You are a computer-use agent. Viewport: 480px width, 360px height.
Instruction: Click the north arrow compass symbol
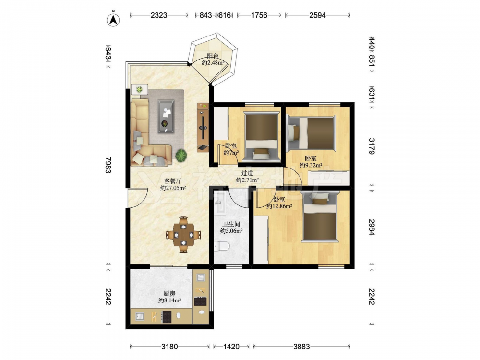[x=113, y=19]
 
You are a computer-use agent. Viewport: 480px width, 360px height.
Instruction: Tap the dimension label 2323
[x=159, y=15]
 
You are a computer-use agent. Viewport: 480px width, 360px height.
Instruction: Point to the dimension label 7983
[x=108, y=165]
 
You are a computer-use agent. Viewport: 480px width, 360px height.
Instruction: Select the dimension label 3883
[x=301, y=347]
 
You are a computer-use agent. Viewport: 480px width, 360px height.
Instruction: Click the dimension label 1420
[x=231, y=347]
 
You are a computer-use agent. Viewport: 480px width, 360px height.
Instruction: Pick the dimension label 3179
[x=372, y=146]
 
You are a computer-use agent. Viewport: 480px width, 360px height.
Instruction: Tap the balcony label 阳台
[x=213, y=56]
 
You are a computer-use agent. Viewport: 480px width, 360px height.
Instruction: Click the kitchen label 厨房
[x=169, y=294]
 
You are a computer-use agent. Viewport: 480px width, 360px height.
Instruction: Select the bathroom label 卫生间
[x=231, y=224]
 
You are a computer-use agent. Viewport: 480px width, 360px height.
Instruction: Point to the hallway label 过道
[x=247, y=173]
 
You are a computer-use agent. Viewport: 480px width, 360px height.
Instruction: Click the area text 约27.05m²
[x=173, y=188]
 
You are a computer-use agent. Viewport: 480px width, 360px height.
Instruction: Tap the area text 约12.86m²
[x=279, y=206]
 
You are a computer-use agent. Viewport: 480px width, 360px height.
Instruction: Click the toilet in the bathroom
[x=222, y=246]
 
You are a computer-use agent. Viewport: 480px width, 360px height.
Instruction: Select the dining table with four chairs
[x=183, y=235]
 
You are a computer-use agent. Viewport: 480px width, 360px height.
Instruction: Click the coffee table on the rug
[x=166, y=117]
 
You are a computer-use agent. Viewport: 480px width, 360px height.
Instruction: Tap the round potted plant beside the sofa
[x=181, y=155]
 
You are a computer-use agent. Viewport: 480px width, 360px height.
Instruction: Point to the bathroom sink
[x=219, y=203]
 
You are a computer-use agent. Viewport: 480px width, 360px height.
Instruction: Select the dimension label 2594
[x=317, y=15]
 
